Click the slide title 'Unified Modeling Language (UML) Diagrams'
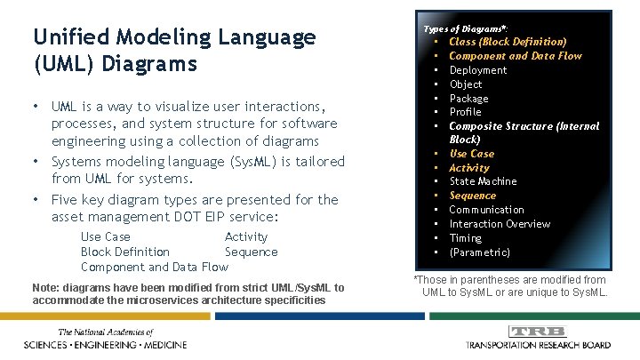click(x=173, y=51)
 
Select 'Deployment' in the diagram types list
click(x=477, y=70)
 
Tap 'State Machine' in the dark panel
click(x=483, y=181)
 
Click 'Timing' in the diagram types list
click(x=465, y=238)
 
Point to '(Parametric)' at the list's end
click(x=479, y=252)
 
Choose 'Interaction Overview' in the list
click(x=500, y=224)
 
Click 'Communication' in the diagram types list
click(x=486, y=210)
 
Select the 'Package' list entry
click(x=468, y=99)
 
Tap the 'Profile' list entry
click(x=465, y=112)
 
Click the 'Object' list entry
click(x=466, y=84)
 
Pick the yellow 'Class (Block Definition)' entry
click(x=507, y=42)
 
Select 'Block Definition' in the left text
click(x=124, y=252)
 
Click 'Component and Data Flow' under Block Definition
click(x=154, y=267)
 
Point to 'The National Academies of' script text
click(x=104, y=332)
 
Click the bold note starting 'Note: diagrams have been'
click(x=187, y=293)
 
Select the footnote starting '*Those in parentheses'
click(x=510, y=286)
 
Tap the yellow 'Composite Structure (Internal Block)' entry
click(x=523, y=132)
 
